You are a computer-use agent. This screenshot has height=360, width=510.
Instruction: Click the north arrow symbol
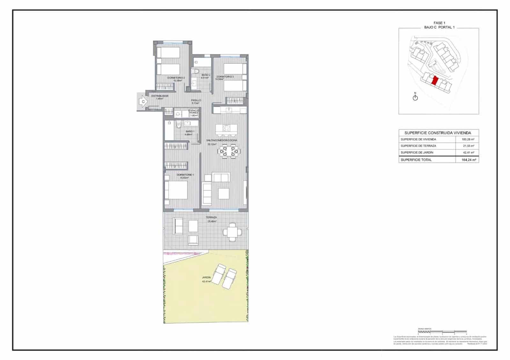(x=415, y=97)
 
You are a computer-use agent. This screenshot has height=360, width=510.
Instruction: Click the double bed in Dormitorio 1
(x=176, y=190)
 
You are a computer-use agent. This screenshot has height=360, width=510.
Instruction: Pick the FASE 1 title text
(x=438, y=23)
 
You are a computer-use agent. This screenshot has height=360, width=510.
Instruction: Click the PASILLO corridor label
(x=196, y=102)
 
